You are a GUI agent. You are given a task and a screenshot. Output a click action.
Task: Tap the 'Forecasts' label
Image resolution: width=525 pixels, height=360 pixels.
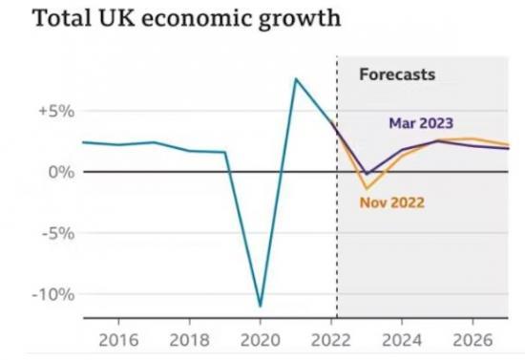point(396,74)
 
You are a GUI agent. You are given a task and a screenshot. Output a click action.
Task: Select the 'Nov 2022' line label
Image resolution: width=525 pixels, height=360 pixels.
point(392,201)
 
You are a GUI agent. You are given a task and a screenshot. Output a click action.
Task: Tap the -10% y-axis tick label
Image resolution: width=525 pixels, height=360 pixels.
point(52,293)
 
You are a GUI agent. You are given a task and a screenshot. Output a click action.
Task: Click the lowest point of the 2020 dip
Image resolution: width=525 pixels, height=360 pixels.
point(261,307)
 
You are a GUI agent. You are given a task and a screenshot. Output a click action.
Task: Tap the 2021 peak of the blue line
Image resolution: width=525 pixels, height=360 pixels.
point(296,79)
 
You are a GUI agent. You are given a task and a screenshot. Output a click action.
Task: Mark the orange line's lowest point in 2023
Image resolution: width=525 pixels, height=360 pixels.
point(367,189)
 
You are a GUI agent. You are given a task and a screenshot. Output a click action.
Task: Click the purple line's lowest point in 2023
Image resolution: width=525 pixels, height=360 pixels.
point(367,175)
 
